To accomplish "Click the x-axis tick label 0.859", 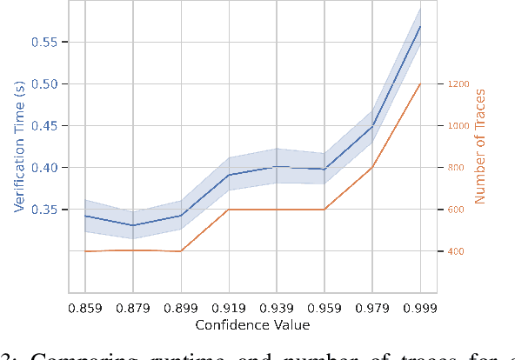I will (x=85, y=309).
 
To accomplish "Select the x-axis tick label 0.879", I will (x=133, y=309).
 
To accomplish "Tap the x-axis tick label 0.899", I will (x=181, y=309).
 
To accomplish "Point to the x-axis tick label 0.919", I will (x=229, y=309).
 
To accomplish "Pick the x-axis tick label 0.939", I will (x=277, y=309).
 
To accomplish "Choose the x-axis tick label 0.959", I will (x=324, y=309).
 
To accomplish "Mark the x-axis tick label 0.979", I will (x=372, y=309).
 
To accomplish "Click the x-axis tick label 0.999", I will (x=420, y=309).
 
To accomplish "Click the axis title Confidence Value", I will (x=252, y=325).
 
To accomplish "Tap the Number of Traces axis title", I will (x=478, y=144).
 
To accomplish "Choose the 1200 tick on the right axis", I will (x=459, y=84).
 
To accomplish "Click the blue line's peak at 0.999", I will (x=420, y=26).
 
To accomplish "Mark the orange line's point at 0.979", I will (x=372, y=167).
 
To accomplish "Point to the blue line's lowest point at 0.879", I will (x=133, y=225).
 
